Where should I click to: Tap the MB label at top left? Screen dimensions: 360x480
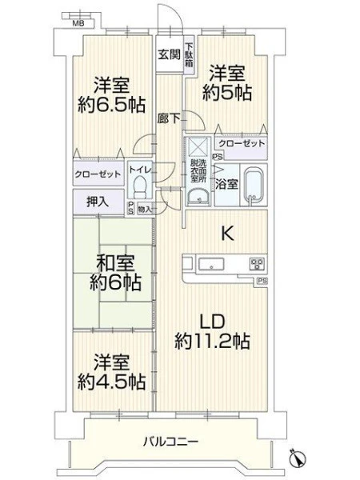[78, 23]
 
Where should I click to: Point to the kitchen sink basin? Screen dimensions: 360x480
[211, 264]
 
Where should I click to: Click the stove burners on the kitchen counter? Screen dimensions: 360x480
[257, 264]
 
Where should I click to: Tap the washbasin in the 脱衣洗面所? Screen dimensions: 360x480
[198, 196]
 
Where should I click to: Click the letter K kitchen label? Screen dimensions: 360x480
[228, 234]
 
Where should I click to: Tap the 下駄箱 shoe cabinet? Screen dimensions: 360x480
[189, 54]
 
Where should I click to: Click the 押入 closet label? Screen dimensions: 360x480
[98, 202]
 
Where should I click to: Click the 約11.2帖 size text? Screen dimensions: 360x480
[213, 341]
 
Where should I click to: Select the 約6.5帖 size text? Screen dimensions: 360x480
[111, 105]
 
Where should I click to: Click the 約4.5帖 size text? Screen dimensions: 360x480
[111, 381]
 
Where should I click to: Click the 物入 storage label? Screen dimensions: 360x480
[145, 210]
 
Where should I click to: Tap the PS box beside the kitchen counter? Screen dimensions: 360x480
[262, 280]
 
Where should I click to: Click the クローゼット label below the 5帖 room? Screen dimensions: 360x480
[242, 143]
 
